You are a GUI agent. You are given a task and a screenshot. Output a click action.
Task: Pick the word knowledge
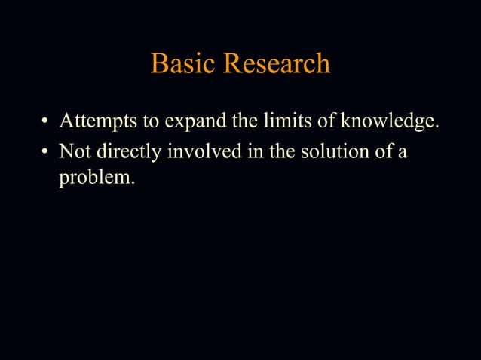[390, 121]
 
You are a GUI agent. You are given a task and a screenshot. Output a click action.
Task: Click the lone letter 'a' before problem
[403, 152]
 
